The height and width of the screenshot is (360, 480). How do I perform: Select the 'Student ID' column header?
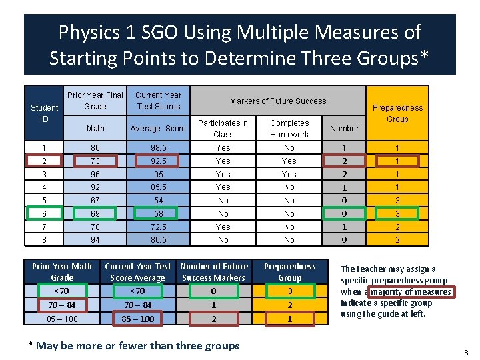45,113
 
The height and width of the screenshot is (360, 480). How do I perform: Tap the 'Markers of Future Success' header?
278,101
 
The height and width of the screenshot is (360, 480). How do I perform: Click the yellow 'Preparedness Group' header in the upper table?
397,113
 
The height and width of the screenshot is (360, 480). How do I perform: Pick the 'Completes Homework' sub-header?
289,129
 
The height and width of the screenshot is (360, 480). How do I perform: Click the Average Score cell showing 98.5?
158,148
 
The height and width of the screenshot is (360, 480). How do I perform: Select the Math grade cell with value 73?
95,161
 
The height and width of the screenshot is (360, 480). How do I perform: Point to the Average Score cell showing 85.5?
158,187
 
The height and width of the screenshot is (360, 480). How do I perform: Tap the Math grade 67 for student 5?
95,201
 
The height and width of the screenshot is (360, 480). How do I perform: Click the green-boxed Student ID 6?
45,214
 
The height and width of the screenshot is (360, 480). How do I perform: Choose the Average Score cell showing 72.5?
158,227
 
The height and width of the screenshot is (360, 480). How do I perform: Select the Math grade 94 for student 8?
95,240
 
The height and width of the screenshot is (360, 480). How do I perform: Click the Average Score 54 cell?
158,201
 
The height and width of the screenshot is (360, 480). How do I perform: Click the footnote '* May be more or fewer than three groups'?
133,345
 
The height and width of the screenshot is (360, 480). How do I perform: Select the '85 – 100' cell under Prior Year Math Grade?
62,319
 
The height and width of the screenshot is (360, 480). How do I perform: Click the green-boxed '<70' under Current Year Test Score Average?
137,291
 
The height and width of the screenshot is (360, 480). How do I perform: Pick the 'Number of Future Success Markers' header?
214,272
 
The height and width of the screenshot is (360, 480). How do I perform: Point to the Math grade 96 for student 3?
95,175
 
